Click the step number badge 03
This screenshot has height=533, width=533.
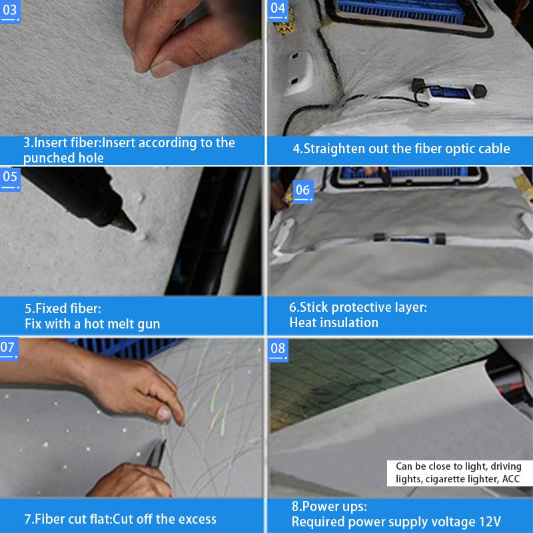click(10, 11)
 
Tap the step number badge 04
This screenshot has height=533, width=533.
click(278, 10)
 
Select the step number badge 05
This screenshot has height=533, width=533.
click(10, 179)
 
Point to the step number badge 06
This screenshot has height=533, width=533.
click(303, 191)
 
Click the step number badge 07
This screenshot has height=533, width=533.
click(9, 349)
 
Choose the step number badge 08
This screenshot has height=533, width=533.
click(278, 350)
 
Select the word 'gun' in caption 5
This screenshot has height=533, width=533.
click(149, 324)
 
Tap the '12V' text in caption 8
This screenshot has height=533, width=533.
click(490, 521)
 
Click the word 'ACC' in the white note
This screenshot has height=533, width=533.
click(511, 479)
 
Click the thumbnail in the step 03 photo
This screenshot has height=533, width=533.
click(163, 69)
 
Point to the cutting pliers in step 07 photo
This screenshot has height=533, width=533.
click(156, 454)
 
